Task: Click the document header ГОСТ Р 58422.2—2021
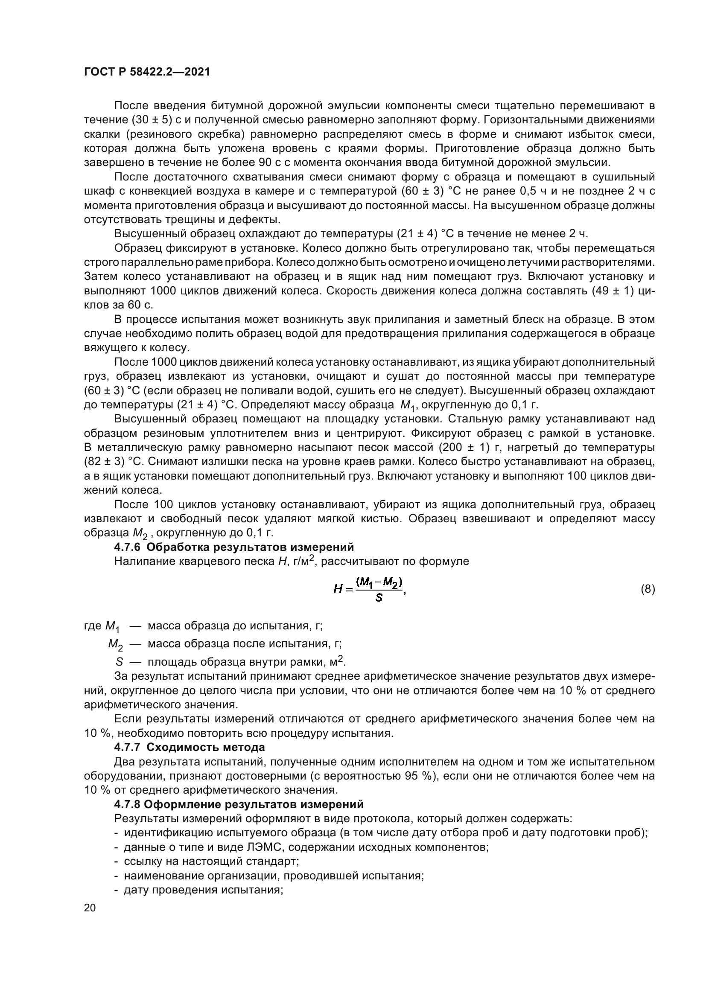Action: [x=146, y=72]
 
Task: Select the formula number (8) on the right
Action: [x=648, y=589]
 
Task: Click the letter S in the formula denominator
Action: [x=379, y=599]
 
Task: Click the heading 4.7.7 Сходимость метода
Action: [x=189, y=748]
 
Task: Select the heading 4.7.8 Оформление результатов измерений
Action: [x=239, y=805]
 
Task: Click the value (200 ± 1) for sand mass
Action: [x=461, y=447]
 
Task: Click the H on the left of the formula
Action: [x=338, y=590]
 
